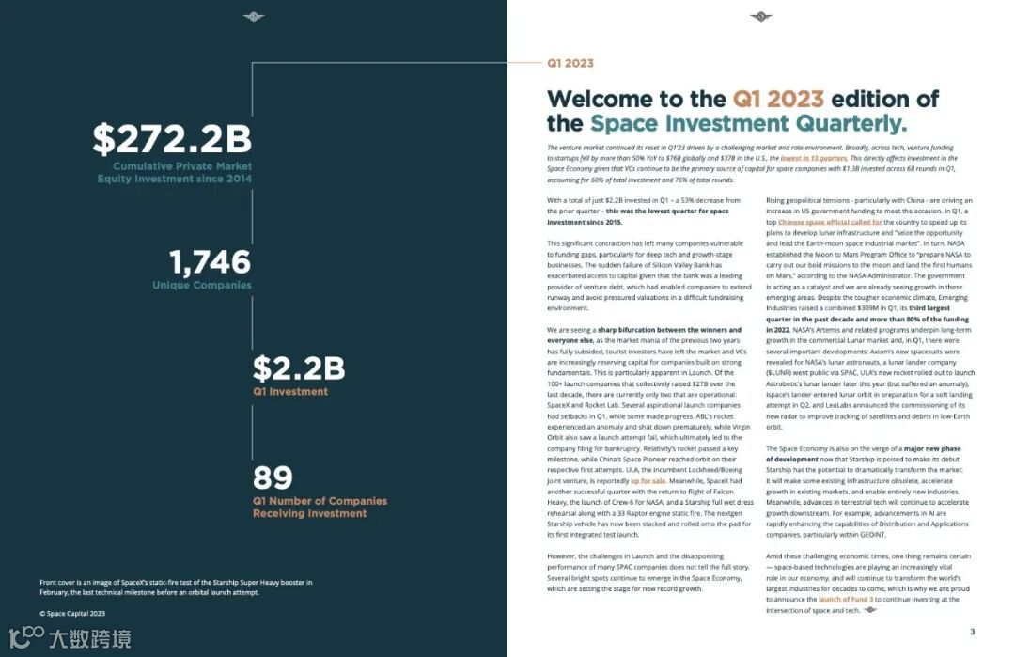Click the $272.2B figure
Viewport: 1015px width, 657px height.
click(x=172, y=139)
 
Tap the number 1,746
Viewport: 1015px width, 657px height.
click(x=211, y=262)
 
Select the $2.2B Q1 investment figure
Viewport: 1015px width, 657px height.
click(x=299, y=368)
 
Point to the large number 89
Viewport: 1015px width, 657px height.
click(x=273, y=478)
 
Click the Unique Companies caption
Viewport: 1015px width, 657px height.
click(x=202, y=285)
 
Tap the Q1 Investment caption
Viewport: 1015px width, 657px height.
click(x=290, y=391)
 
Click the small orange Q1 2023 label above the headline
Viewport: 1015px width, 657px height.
click(x=570, y=64)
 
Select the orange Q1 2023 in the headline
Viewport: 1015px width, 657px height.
click(x=778, y=100)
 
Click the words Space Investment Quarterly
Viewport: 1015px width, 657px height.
click(x=748, y=124)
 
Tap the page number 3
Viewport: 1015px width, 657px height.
click(x=972, y=632)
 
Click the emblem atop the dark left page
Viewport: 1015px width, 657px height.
click(x=254, y=16)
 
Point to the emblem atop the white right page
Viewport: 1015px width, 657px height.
click(x=760, y=16)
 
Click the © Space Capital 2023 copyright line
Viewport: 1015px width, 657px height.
click(x=72, y=613)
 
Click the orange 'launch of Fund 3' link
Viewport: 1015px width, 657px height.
click(x=845, y=599)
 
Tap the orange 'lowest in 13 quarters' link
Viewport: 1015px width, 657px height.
click(x=813, y=159)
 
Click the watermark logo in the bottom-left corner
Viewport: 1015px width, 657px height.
click(x=23, y=639)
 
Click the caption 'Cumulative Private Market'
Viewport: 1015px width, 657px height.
click(x=176, y=166)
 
